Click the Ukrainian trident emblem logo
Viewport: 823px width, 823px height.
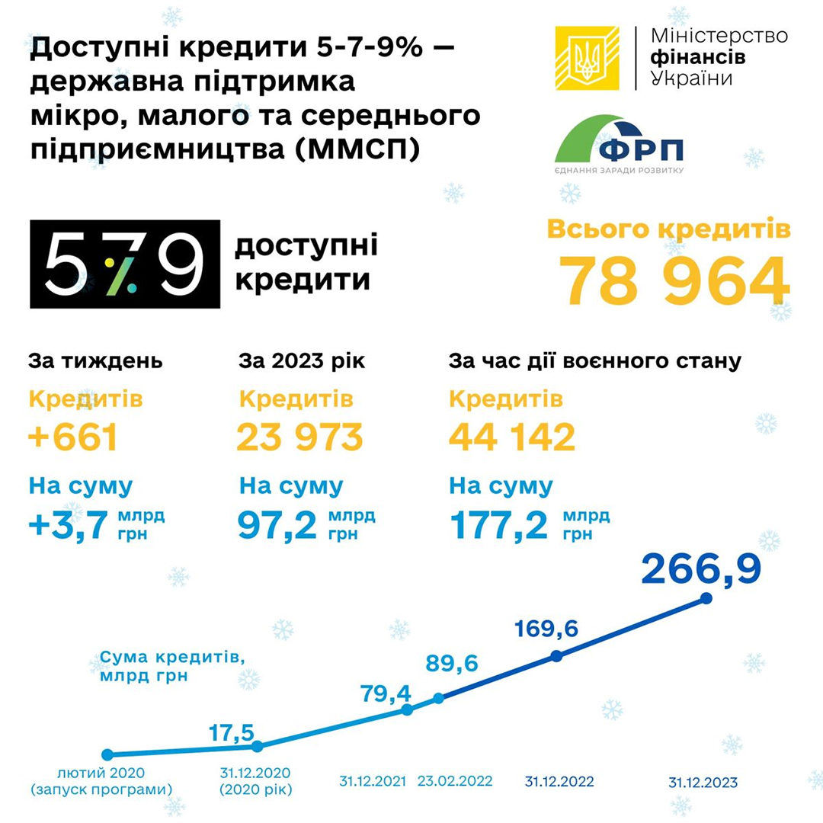tap(587, 59)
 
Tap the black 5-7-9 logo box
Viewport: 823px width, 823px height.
tap(125, 264)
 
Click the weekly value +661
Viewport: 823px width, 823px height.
tap(73, 437)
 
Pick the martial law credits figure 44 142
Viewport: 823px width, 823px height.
tap(511, 437)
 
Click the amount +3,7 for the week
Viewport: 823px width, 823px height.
tap(69, 524)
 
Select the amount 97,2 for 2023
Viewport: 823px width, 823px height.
tap(277, 524)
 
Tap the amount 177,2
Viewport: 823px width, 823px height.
tap(500, 524)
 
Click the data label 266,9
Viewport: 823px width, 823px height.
tap(701, 568)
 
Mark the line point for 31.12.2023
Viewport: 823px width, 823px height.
tap(706, 599)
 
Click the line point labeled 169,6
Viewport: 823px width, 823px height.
tap(556, 656)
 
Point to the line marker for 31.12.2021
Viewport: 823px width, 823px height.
tap(407, 709)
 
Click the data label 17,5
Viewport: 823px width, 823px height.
tap(231, 732)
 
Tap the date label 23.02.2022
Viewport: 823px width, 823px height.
tap(456, 781)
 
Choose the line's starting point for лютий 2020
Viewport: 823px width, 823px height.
tap(107, 755)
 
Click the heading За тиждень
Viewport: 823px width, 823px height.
tap(95, 361)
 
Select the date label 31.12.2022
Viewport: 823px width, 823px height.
tap(559, 782)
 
